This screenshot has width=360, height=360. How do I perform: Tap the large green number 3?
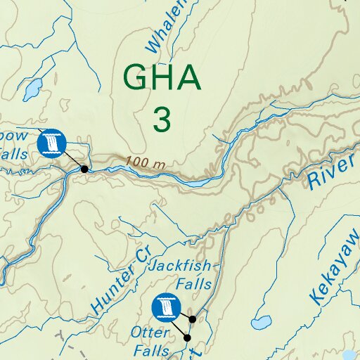tap(162, 119)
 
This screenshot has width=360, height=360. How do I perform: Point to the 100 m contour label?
tap(146, 162)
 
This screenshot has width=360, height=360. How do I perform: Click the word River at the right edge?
tap(330, 172)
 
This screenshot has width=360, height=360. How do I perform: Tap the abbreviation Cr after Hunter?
tap(143, 257)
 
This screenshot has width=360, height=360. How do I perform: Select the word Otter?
tap(150, 333)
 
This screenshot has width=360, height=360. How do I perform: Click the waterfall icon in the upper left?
tap(51, 143)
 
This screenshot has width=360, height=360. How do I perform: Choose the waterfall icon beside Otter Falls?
tap(165, 307)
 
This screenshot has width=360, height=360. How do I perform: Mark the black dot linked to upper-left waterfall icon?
tap(84, 169)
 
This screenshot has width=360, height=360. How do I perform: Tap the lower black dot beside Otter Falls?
tap(188, 338)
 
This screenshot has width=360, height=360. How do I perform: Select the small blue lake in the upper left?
tap(32, 89)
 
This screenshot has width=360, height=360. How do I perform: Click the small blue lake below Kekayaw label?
tap(261, 323)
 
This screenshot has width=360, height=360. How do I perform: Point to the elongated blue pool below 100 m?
tap(195, 183)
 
